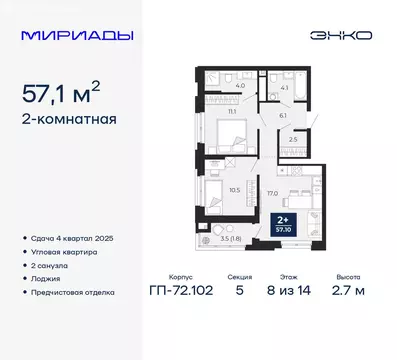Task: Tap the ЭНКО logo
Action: point(343,34)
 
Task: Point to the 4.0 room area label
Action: point(241,87)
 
